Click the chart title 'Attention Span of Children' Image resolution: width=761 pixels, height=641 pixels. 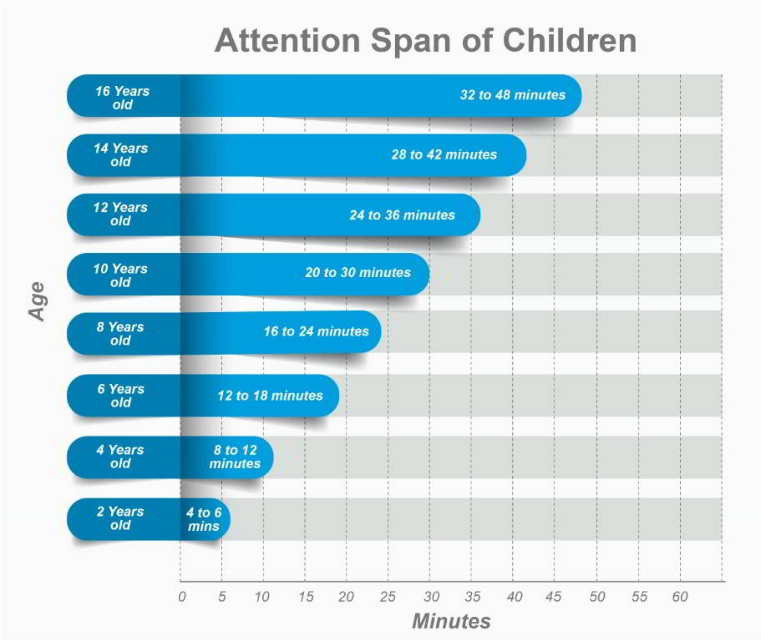click(x=425, y=41)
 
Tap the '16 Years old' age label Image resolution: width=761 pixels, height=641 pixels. click(x=122, y=98)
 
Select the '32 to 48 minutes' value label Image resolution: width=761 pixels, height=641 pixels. click(x=512, y=95)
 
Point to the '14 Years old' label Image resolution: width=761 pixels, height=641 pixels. click(x=120, y=155)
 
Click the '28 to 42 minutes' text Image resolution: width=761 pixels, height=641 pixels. click(x=444, y=154)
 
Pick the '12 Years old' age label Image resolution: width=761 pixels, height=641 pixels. click(x=120, y=215)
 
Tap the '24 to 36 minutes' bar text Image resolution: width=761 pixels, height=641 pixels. click(x=402, y=215)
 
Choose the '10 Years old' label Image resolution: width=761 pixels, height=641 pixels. click(x=120, y=275)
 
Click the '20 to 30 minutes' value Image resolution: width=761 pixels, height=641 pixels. click(x=358, y=273)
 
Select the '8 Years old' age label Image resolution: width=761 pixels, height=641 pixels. click(x=120, y=334)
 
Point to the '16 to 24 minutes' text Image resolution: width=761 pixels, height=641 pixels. click(x=316, y=332)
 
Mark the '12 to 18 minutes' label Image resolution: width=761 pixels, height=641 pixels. click(x=270, y=396)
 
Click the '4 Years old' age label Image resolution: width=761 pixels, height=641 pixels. click(x=120, y=457)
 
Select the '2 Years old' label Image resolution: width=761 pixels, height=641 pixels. click(x=120, y=518)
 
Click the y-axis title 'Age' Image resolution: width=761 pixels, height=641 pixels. click(x=37, y=301)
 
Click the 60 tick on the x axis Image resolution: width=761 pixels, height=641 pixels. click(x=680, y=597)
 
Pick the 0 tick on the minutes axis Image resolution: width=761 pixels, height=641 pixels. click(x=181, y=597)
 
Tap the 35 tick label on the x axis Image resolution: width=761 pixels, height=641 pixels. click(x=472, y=597)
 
